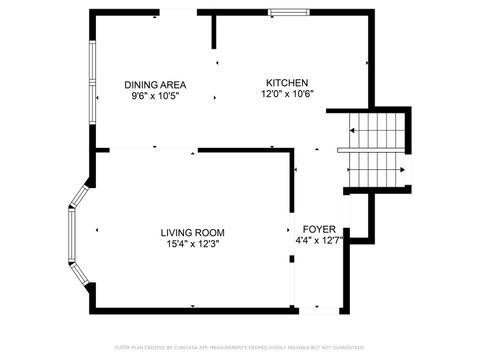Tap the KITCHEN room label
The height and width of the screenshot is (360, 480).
click(286, 82)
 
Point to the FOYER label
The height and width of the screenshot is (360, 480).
click(319, 229)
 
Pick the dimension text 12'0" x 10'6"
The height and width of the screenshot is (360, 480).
click(286, 94)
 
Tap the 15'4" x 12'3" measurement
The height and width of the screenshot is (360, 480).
click(192, 242)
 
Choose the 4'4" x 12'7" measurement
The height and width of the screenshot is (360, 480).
click(319, 241)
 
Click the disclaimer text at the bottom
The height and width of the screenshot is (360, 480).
click(239, 347)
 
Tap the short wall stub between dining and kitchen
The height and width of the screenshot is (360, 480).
click(214, 31)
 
